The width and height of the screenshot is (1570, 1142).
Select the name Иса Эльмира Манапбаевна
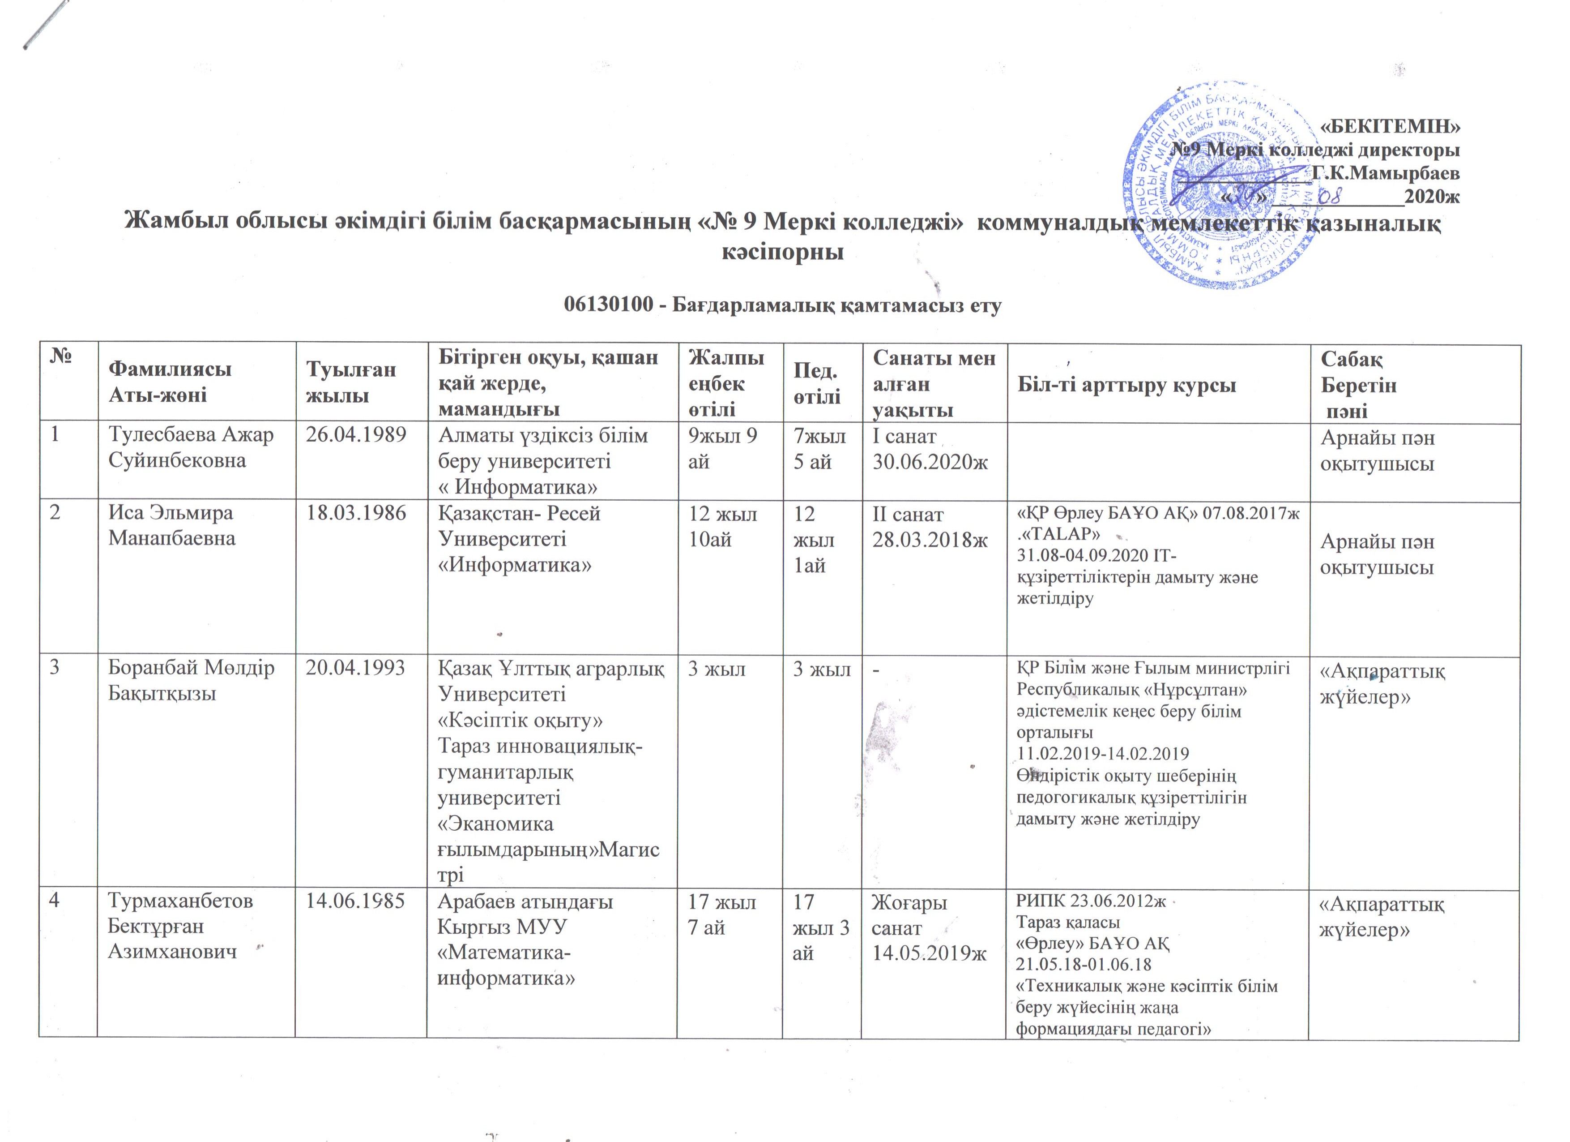172,526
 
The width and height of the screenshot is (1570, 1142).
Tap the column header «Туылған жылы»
352,382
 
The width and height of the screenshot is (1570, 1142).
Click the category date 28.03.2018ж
930,540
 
